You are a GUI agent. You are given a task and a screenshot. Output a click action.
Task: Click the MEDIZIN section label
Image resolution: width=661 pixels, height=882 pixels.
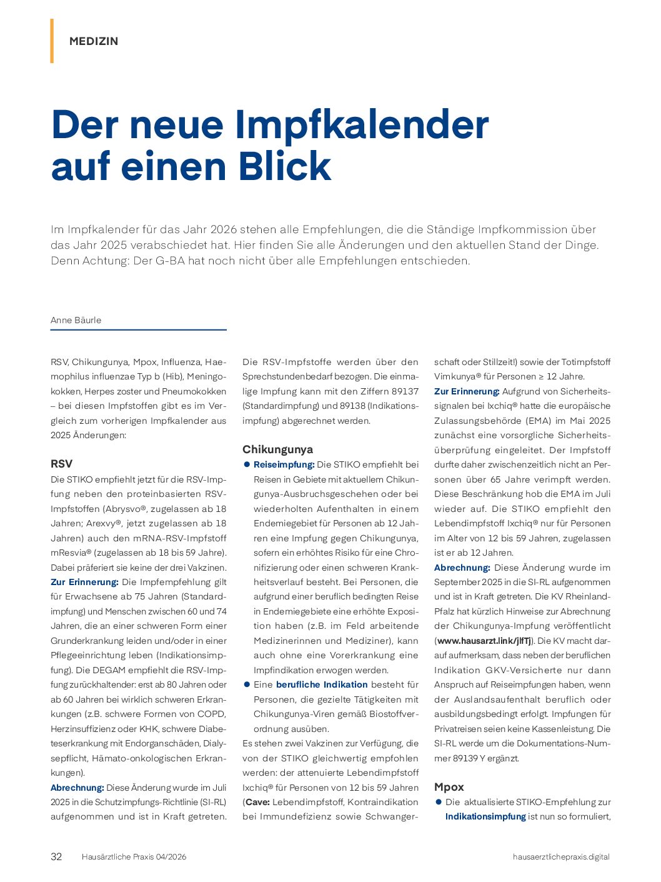tap(94, 41)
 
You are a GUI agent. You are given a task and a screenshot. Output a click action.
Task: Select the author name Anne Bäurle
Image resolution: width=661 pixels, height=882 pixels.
tap(76, 320)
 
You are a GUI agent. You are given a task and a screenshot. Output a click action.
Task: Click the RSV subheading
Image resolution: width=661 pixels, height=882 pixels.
tap(61, 464)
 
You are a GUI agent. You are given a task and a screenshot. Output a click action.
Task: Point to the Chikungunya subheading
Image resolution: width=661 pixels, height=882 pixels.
tap(277, 449)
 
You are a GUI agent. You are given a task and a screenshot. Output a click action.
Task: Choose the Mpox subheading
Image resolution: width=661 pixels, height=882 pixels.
tap(449, 787)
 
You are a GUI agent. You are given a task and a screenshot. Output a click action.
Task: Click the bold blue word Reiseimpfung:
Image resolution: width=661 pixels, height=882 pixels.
tap(284, 464)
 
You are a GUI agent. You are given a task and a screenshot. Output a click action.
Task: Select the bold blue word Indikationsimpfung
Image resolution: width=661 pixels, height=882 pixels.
tap(485, 816)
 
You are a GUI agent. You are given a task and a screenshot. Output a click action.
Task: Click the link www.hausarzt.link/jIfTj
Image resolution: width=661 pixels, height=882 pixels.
tap(484, 641)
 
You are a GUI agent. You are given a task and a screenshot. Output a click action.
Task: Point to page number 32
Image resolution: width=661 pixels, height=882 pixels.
tap(56, 856)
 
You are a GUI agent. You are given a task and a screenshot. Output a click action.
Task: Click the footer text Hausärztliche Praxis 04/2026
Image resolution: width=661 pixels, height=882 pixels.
tap(134, 857)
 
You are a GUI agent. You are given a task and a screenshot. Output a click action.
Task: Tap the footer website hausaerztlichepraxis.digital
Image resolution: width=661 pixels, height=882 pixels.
tap(561, 857)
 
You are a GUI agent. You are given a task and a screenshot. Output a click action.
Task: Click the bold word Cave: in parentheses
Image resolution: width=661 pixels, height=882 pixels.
tap(257, 802)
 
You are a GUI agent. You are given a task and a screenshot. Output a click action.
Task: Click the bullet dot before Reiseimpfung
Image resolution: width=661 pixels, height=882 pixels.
tap(247, 464)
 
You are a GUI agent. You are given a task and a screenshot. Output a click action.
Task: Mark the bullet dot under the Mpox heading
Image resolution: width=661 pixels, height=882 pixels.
tap(439, 802)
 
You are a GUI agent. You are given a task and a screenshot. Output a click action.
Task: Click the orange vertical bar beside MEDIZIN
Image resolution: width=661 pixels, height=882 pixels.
tap(52, 41)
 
